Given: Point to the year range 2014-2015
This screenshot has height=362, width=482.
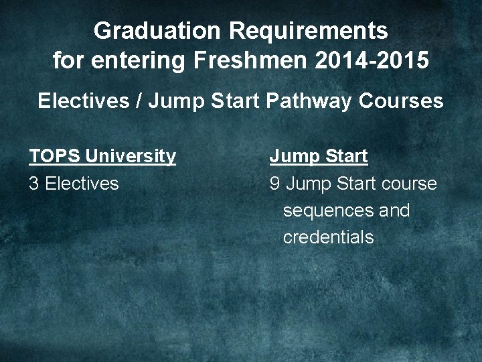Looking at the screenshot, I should (368, 61).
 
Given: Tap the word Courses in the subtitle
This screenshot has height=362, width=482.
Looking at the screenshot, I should (401, 101).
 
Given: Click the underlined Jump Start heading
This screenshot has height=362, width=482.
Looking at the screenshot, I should (319, 157).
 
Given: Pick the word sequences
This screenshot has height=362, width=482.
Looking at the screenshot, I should (328, 211).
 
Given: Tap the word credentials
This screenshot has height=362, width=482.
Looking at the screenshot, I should (328, 238).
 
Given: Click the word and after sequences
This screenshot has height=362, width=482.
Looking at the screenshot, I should (394, 211).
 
